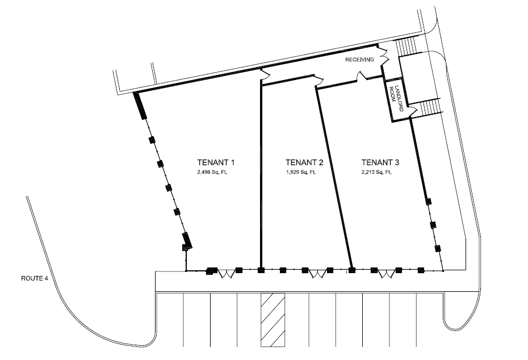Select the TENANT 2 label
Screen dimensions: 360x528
304,161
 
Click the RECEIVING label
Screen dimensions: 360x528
359,59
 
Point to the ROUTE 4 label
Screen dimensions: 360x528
33,278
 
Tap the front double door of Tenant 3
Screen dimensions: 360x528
385,274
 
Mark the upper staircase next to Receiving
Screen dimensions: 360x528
407,47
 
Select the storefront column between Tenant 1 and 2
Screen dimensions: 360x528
261,270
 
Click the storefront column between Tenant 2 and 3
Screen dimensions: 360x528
351,270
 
